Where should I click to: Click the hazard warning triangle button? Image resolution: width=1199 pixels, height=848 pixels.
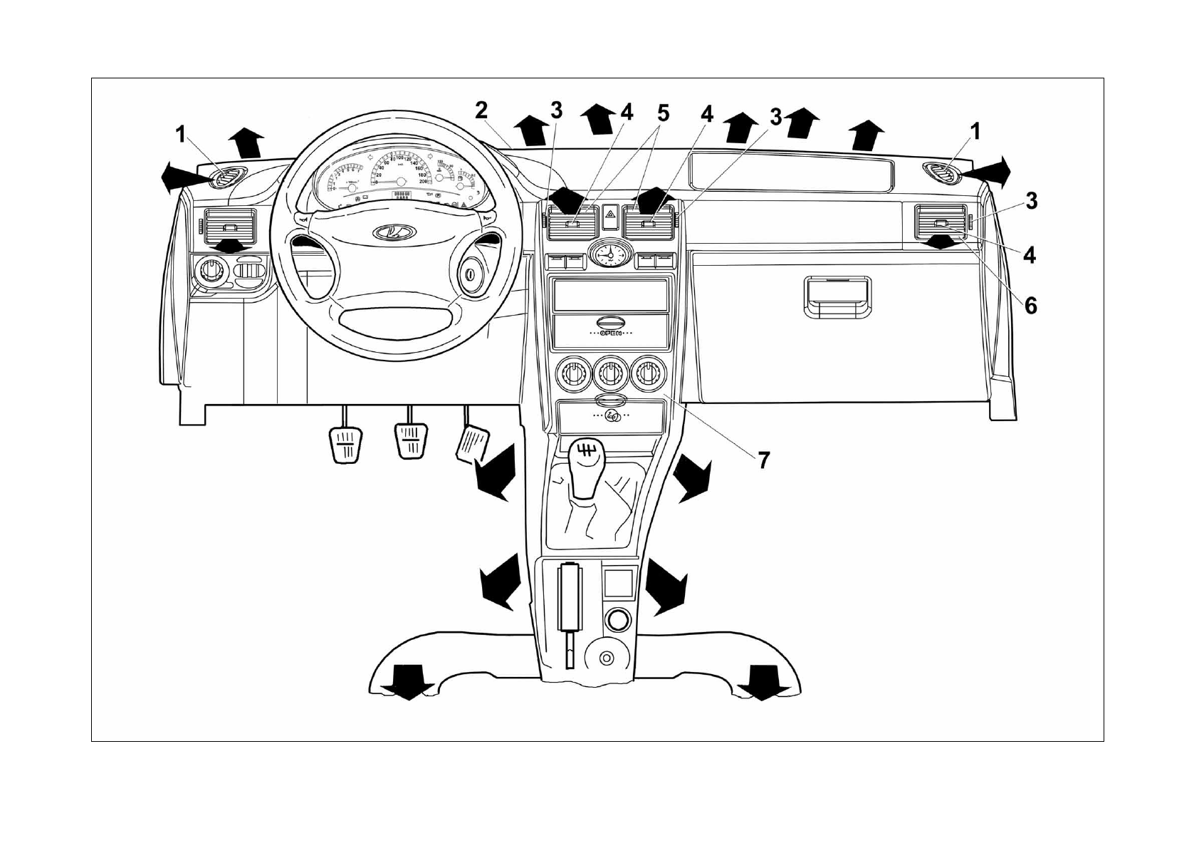(610, 214)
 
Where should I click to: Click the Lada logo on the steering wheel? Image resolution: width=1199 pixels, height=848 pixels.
(388, 232)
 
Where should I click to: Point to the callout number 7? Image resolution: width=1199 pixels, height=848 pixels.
(763, 461)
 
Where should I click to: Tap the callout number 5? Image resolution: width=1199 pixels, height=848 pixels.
(664, 113)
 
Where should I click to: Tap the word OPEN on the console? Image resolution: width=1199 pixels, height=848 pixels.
(611, 333)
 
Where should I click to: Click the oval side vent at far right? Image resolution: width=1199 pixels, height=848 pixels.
(942, 172)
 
